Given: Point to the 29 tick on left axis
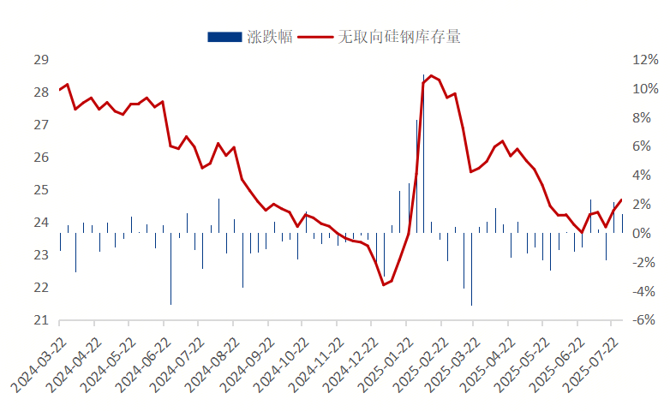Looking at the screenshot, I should tap(40, 60).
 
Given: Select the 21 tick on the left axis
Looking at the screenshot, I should tap(40, 320).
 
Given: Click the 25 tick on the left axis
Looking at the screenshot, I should tap(40, 190).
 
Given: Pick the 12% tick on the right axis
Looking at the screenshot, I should tap(644, 60).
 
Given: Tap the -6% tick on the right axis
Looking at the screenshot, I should tap(644, 320).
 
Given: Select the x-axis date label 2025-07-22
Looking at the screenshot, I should tap(591, 363).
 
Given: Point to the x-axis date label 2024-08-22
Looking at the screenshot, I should tap(212, 363).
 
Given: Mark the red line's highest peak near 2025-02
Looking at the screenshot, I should tap(431, 76).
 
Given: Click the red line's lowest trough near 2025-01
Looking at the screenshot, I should tap(384, 284).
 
